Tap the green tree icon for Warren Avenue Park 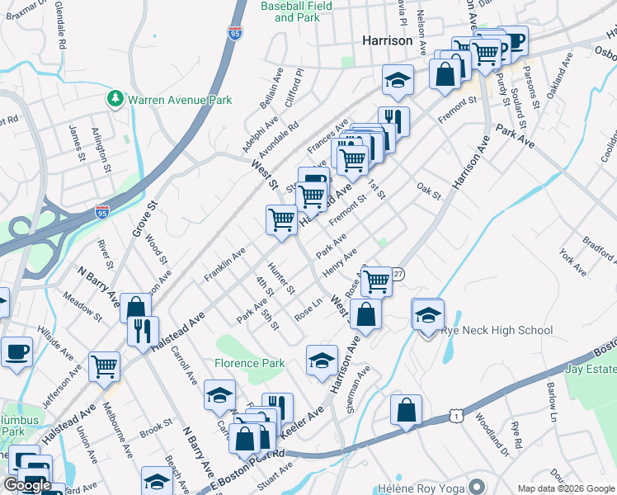coord(115,99)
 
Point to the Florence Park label coord(250,363)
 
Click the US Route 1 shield coord(455,417)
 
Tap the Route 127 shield coord(398,274)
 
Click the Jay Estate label coord(591,369)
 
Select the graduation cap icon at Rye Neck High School coord(427,314)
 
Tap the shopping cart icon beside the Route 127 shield coord(376,280)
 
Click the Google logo coord(26,485)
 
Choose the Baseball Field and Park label coord(296,12)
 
